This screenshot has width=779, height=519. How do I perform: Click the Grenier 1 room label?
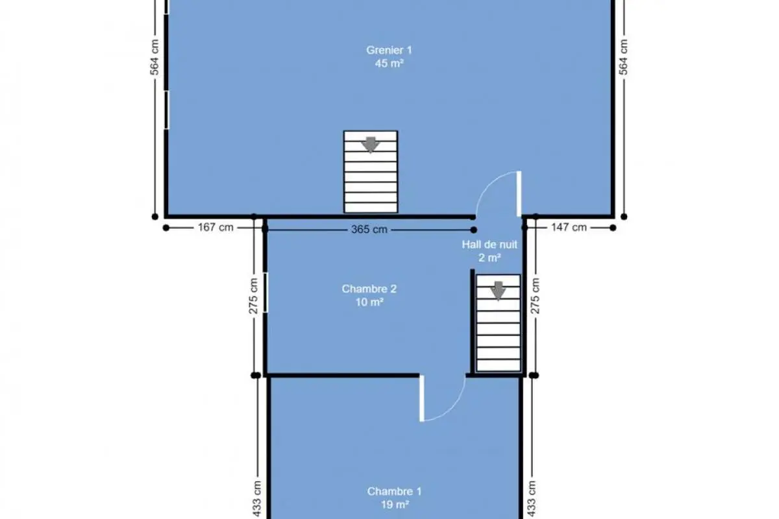(x=389, y=50)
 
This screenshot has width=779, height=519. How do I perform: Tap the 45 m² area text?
(x=389, y=64)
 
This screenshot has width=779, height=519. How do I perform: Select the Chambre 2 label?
(x=369, y=289)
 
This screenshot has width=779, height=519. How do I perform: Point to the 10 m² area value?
(x=369, y=302)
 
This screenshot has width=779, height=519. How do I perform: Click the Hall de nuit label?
(x=489, y=245)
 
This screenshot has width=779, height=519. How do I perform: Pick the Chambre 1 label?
(x=395, y=491)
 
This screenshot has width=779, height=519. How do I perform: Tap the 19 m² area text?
(x=395, y=504)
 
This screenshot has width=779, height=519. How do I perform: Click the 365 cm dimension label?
(x=369, y=230)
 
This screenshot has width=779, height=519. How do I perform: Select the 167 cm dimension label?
(x=216, y=227)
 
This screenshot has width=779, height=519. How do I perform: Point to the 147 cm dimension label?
(x=569, y=227)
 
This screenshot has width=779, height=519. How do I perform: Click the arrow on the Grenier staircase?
(x=371, y=145)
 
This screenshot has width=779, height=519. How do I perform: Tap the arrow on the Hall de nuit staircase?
(x=499, y=291)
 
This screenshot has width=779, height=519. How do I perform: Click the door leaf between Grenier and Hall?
(x=519, y=193)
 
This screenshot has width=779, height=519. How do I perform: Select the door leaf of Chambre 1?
(x=422, y=398)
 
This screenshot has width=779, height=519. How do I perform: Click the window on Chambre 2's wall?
(x=266, y=293)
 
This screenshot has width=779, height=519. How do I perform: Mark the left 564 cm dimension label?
(x=155, y=57)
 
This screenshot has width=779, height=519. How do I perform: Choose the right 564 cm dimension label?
(x=624, y=57)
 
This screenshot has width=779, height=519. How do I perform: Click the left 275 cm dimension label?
(x=254, y=296)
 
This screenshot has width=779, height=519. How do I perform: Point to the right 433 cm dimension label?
(x=532, y=499)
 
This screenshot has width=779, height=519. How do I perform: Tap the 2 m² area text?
(x=489, y=258)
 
